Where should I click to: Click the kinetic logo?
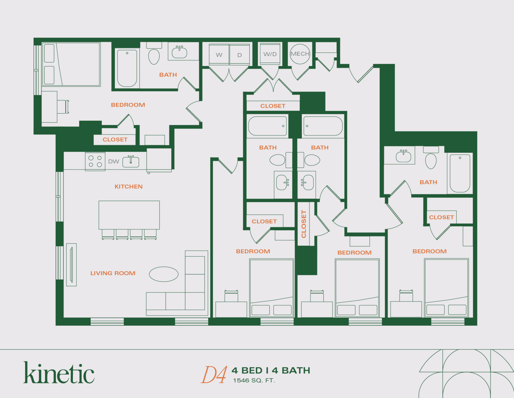(x=59, y=373)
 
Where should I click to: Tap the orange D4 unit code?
(x=214, y=375)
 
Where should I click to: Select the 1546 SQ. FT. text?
(x=254, y=381)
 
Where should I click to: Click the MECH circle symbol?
(x=300, y=54)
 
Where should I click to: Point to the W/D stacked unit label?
(x=270, y=54)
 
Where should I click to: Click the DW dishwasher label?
(x=113, y=161)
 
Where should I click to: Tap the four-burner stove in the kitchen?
(x=95, y=161)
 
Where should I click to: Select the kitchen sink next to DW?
(x=131, y=161)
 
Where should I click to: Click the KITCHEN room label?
(x=128, y=187)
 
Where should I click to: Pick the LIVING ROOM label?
(x=113, y=273)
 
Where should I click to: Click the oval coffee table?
(x=164, y=274)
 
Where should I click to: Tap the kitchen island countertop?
(x=129, y=215)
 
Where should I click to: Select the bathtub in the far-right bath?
(x=460, y=173)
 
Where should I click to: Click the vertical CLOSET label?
(x=304, y=224)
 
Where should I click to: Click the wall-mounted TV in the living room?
(x=71, y=265)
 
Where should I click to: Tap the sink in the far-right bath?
(x=404, y=156)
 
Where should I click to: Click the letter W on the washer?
(x=219, y=55)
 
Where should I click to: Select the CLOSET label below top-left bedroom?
(x=115, y=140)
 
